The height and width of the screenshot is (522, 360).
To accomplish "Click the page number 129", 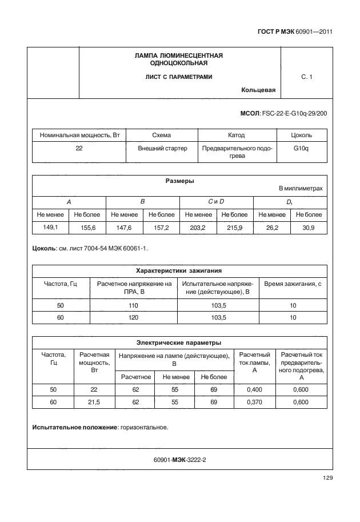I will click(x=327, y=478).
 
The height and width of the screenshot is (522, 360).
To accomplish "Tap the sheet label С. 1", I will click(x=306, y=77).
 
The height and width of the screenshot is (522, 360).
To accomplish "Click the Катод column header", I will click(x=236, y=136).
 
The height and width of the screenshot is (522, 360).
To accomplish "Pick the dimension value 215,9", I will click(x=235, y=227).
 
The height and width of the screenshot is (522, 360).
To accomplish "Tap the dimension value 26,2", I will click(x=272, y=227).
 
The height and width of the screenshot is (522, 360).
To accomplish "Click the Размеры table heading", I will click(x=179, y=181).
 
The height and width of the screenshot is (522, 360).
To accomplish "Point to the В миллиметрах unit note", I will click(x=301, y=188).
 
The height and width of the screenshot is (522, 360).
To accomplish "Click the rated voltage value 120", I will click(x=134, y=317).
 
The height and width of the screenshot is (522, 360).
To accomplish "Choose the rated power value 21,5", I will click(x=94, y=403).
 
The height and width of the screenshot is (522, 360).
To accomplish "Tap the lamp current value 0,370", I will click(x=254, y=403).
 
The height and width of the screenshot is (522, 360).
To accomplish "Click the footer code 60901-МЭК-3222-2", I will click(x=179, y=459).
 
